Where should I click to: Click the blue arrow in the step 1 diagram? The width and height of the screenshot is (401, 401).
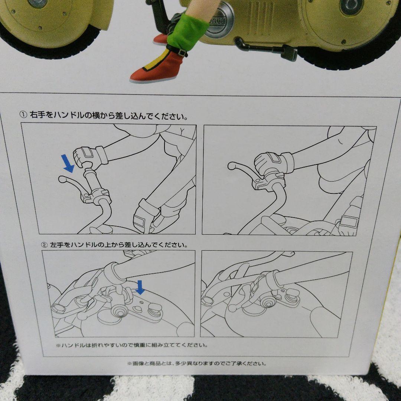[68, 163]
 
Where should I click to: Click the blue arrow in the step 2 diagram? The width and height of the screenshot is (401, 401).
[140, 287]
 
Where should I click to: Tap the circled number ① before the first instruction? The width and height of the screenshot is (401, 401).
[23, 115]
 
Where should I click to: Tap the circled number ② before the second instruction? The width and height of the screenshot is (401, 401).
[45, 245]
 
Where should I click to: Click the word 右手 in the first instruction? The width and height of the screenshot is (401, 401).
[38, 115]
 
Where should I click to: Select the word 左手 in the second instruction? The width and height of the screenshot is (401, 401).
[57, 245]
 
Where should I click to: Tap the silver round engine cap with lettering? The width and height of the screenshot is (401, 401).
[219, 22]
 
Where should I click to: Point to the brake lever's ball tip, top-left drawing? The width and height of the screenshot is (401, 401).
[62, 179]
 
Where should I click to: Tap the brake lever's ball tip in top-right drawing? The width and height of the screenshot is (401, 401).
[231, 166]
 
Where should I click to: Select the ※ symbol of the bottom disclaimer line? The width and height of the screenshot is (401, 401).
[130, 363]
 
